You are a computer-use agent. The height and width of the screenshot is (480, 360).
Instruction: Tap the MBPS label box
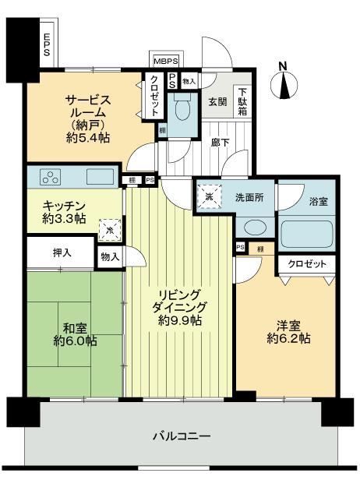(x=165, y=61)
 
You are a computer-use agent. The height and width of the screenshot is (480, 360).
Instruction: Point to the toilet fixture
(x=182, y=109)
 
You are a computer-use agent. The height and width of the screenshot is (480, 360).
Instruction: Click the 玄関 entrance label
(x=217, y=101)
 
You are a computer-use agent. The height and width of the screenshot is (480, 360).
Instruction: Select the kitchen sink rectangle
(x=99, y=175)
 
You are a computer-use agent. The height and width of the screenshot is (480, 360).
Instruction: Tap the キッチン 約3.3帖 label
(x=62, y=212)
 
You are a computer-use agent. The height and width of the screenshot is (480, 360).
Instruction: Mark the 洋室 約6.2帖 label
(x=288, y=332)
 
